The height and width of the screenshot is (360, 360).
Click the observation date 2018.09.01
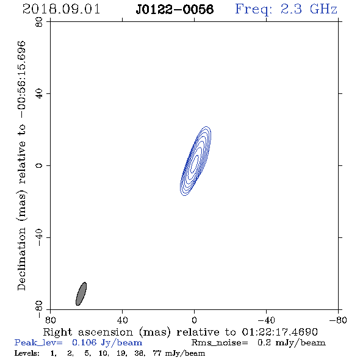61,9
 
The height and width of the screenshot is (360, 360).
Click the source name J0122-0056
175,9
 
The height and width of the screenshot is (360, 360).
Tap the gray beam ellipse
81,294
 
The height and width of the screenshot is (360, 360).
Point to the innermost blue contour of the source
194,164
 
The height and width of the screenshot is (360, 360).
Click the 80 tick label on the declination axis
39,22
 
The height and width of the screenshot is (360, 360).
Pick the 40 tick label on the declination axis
39,94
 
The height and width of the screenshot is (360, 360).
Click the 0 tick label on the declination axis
39,165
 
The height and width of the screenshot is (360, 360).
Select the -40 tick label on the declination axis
39,237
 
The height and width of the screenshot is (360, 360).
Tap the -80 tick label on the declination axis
39,309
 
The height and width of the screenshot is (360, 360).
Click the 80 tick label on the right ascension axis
50,320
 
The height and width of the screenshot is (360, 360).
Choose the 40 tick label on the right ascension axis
122,320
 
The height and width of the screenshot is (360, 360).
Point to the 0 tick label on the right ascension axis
194,320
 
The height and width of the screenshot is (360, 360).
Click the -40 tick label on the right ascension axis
266,320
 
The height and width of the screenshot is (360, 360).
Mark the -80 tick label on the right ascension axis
338,320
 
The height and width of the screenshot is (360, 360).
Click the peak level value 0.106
84,342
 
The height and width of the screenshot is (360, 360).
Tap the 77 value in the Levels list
157,353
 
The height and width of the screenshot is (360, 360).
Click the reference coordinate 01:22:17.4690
280,332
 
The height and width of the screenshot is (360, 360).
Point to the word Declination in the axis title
21,259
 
